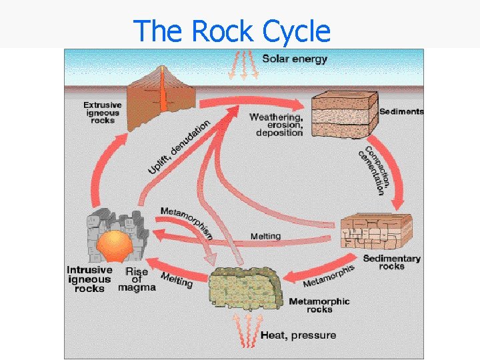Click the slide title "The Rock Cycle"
(231, 31)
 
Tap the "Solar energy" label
(295, 59)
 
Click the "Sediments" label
(401, 111)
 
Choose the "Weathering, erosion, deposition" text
(276, 125)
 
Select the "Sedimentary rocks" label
(392, 262)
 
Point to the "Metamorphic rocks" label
(319, 305)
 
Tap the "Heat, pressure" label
(298, 335)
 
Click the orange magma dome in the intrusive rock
(114, 246)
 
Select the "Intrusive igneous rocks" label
(89, 279)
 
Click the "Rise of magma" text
(137, 279)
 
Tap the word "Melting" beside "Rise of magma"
(177, 281)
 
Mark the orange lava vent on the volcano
(162, 94)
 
